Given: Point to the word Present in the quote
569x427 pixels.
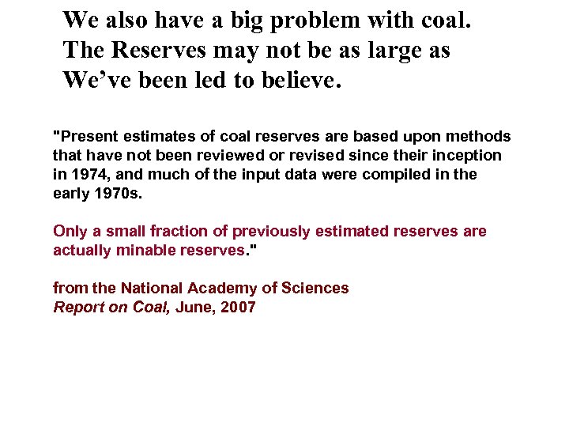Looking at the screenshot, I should (83, 136).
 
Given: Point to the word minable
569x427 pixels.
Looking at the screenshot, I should (139, 250).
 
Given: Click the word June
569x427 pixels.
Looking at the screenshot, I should (192, 307).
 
